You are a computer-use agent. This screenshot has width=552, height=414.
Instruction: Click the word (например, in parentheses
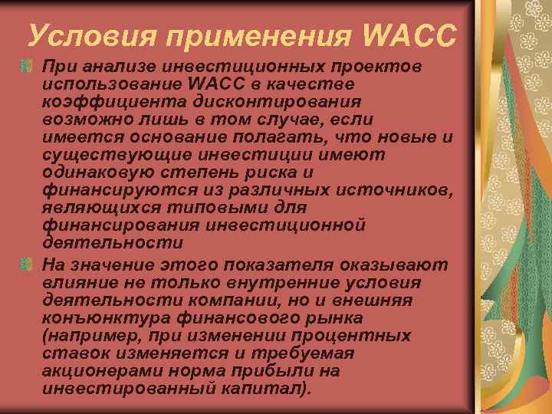(x=97, y=335)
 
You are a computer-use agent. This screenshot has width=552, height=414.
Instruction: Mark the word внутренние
(x=281, y=282)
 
